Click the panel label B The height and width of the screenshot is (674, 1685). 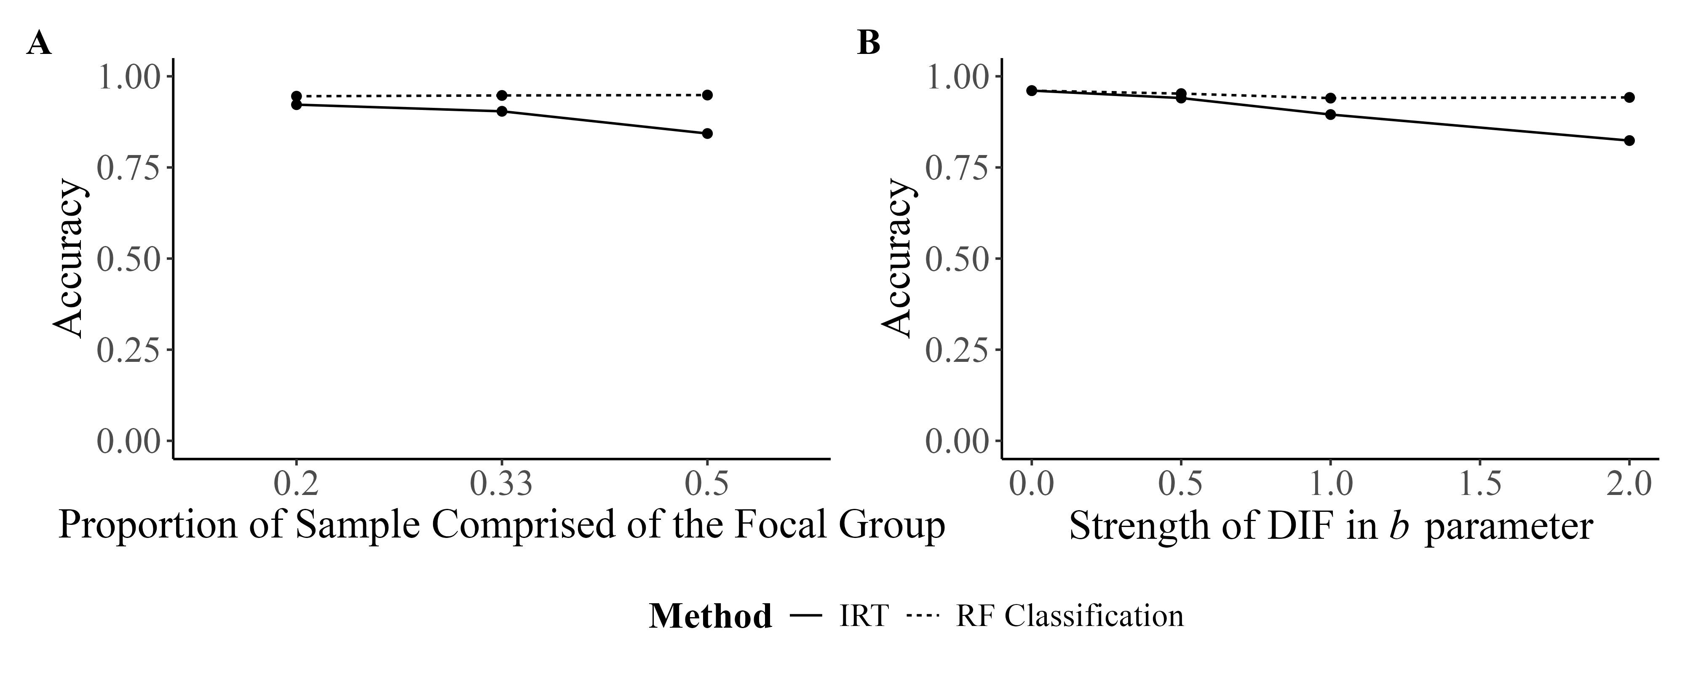(x=869, y=44)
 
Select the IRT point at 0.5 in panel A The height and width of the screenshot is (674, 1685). (x=707, y=134)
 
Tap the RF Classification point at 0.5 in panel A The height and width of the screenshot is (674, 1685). (x=707, y=95)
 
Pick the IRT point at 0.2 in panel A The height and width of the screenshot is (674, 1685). (x=296, y=105)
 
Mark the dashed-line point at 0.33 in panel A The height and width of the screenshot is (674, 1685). (x=502, y=96)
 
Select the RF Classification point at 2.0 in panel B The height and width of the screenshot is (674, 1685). (x=1629, y=97)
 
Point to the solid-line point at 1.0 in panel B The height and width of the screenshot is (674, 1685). (x=1330, y=115)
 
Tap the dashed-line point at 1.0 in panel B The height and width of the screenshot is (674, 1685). (x=1330, y=98)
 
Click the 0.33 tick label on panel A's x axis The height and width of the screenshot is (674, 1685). (x=502, y=485)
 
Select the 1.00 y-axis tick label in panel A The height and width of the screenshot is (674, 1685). (x=129, y=77)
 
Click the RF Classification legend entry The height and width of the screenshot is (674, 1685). (x=1070, y=616)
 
